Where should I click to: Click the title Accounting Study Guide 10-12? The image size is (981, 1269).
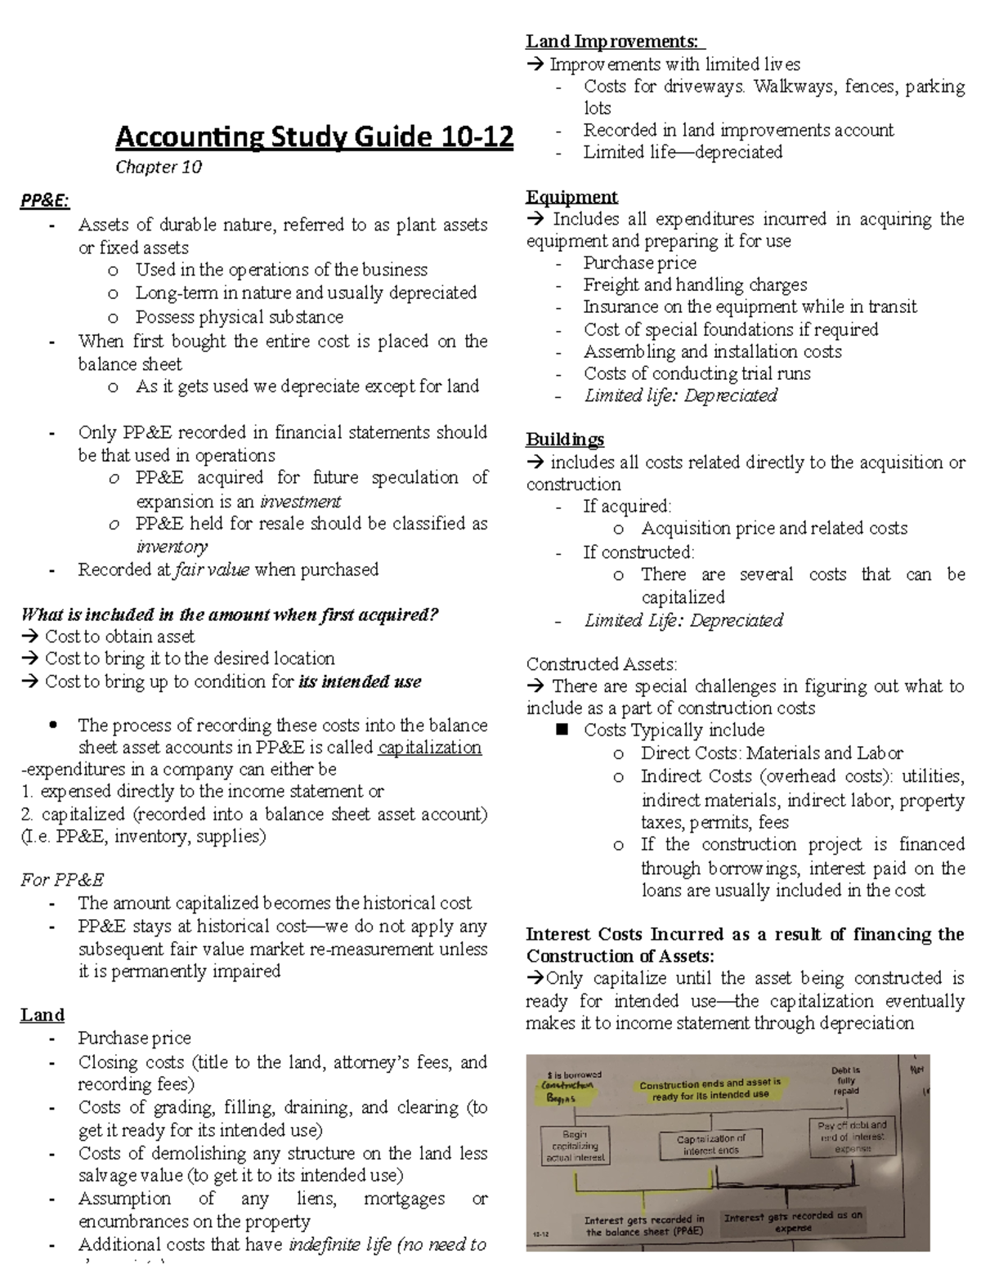(x=314, y=136)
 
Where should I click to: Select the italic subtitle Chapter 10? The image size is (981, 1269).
(x=158, y=168)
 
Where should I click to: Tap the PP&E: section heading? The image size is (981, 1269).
(x=45, y=201)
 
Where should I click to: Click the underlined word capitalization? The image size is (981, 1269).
(x=429, y=748)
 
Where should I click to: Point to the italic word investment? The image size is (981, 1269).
(x=300, y=501)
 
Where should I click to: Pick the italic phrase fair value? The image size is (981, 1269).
(x=212, y=570)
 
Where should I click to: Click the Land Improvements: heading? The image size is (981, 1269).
(x=615, y=41)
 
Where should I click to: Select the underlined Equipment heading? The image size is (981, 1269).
(x=571, y=197)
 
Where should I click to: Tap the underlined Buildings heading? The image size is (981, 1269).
(x=565, y=440)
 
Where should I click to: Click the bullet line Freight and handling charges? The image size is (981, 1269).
(x=695, y=284)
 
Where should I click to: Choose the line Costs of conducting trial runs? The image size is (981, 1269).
(x=697, y=373)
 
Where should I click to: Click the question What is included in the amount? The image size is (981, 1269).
(x=230, y=614)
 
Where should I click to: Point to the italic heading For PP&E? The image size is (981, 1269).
(x=62, y=880)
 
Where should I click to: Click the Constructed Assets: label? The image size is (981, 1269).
(x=601, y=664)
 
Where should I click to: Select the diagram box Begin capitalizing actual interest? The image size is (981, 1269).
(x=575, y=1146)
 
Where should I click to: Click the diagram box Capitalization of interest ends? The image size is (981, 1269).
(x=710, y=1144)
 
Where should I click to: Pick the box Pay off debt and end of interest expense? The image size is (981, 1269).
(x=852, y=1137)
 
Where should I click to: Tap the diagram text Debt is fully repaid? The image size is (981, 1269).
(x=845, y=1079)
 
